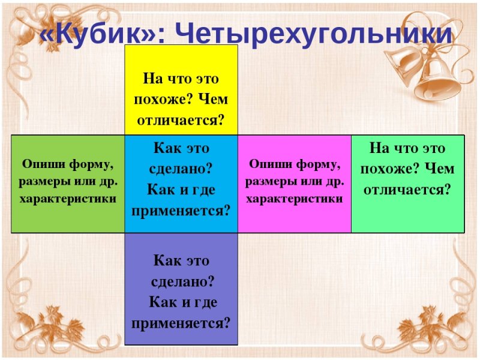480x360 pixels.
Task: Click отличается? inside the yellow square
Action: click(181, 120)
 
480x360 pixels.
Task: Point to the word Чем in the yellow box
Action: click(214, 100)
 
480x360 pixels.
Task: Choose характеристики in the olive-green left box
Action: click(68, 198)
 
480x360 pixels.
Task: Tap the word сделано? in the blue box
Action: click(181, 169)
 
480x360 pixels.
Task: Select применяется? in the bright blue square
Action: click(181, 211)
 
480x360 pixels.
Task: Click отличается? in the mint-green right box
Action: click(407, 190)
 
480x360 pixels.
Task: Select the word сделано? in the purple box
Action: click(181, 281)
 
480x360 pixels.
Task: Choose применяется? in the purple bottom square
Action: click(181, 323)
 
